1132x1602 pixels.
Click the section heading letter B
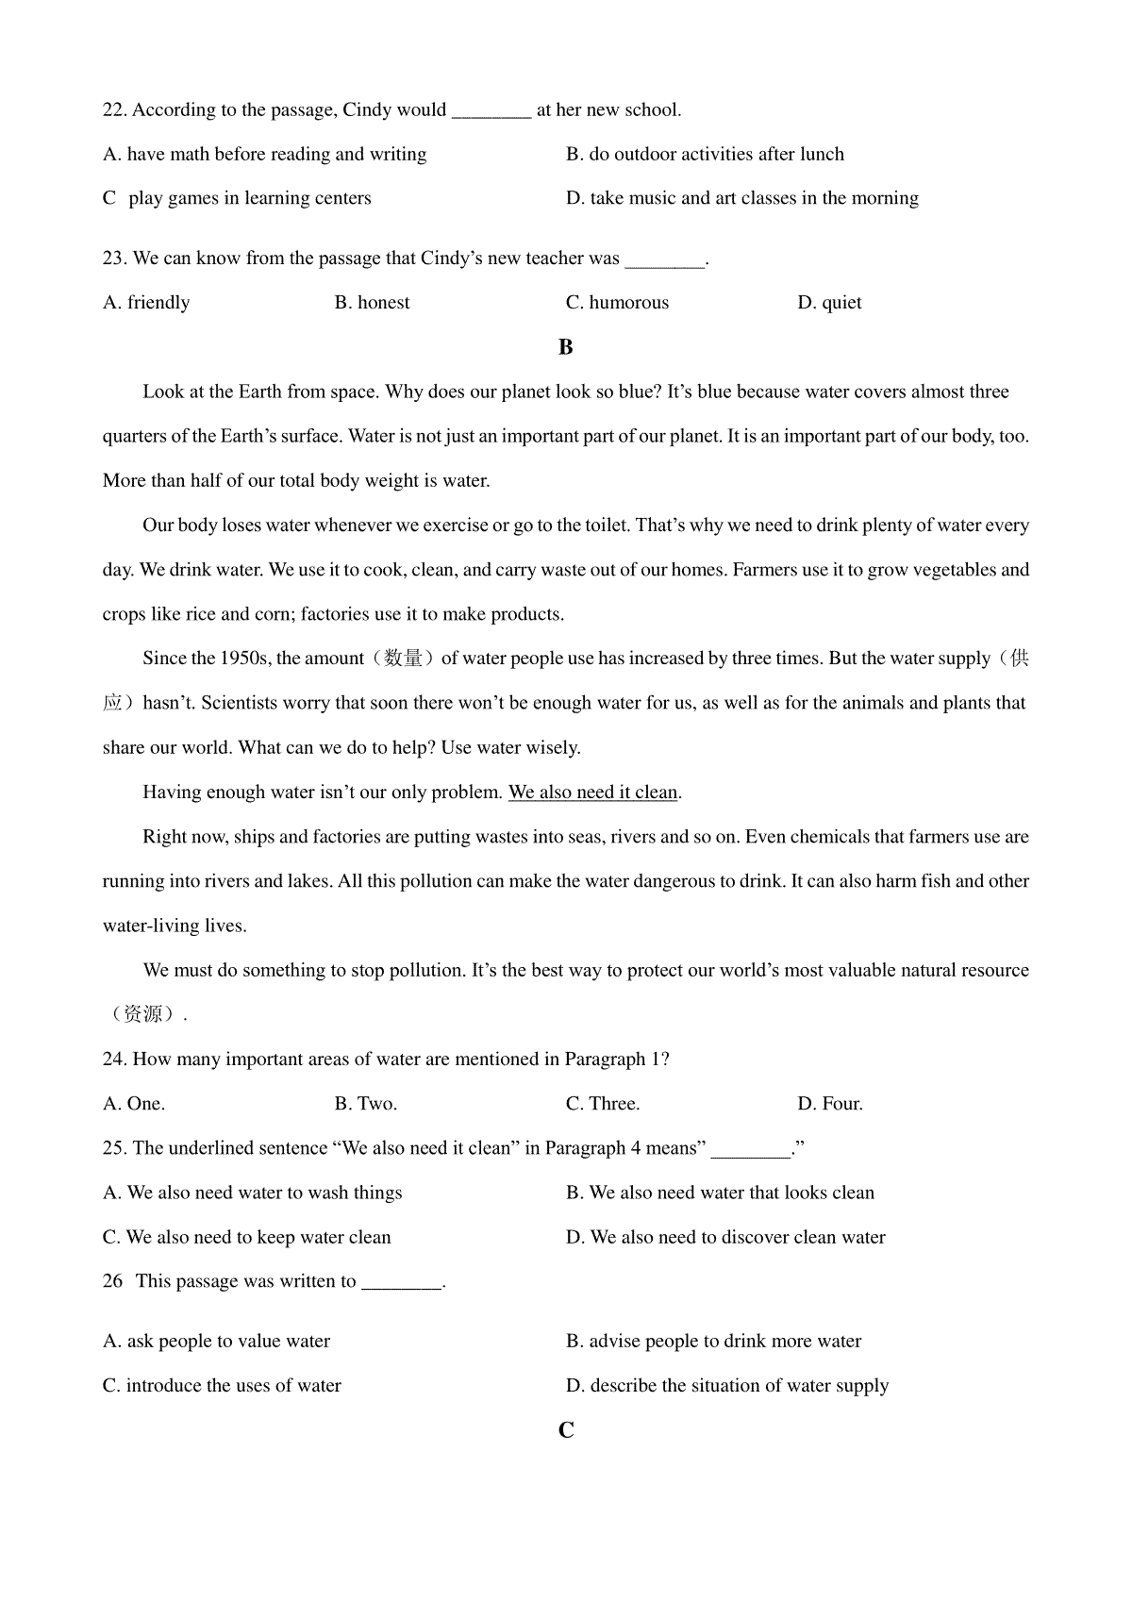[566, 347]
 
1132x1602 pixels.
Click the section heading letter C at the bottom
[566, 1430]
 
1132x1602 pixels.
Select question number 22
[114, 110]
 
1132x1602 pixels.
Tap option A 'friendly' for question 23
[146, 303]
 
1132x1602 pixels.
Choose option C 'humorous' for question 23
[617, 303]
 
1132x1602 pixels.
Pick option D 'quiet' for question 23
[829, 303]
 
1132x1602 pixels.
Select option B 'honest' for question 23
[373, 303]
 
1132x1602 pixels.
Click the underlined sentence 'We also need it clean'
[593, 793]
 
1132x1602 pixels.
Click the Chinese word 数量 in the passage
[404, 659]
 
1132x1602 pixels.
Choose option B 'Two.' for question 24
[366, 1104]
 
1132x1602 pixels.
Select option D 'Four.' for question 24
[830, 1104]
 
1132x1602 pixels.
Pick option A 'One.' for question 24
[134, 1104]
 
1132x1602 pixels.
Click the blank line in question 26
[402, 1282]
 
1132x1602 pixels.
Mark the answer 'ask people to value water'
[217, 1342]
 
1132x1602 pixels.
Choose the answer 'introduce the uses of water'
[223, 1386]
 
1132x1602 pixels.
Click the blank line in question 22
[491, 112]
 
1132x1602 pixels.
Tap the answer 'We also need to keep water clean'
[247, 1238]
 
